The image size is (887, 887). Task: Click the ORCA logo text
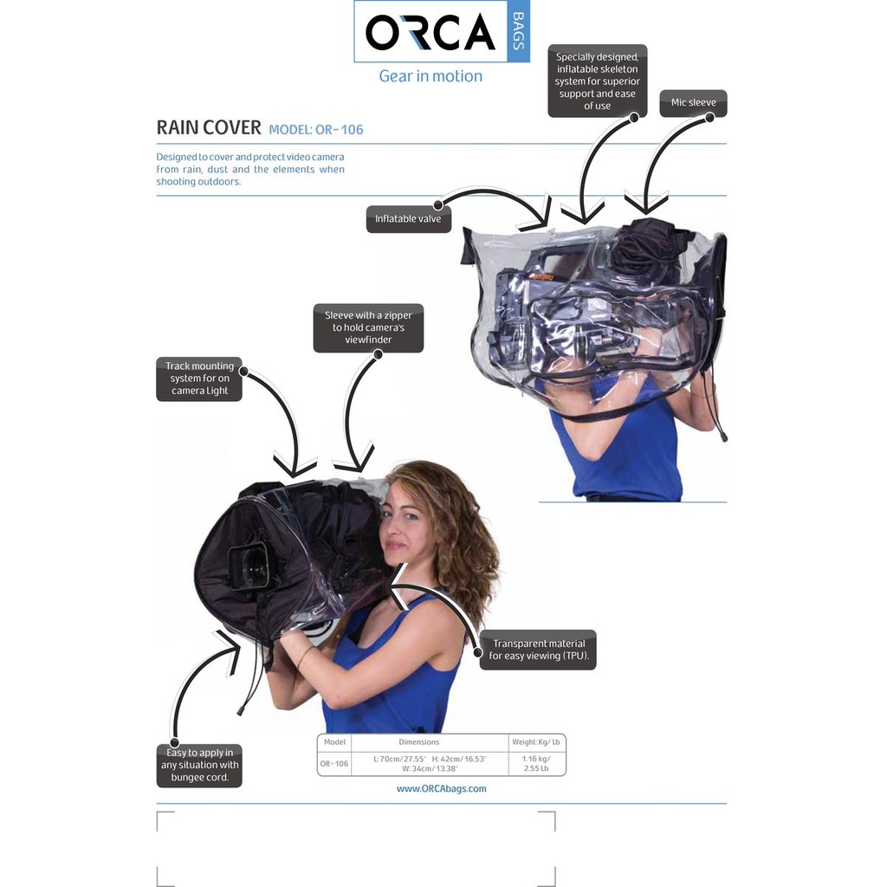tap(430, 33)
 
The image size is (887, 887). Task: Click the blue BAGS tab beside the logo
tap(518, 32)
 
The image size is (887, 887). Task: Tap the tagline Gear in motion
tap(431, 76)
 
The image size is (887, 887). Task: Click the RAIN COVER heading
tap(209, 128)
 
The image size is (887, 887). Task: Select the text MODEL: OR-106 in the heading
tap(316, 130)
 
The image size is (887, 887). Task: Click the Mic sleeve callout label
tap(693, 103)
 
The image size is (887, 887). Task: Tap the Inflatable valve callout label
tap(408, 219)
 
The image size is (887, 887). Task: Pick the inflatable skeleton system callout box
tap(597, 81)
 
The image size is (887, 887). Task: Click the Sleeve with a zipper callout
tap(368, 328)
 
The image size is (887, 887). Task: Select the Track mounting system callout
tap(199, 379)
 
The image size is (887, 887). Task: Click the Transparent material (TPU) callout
tap(538, 650)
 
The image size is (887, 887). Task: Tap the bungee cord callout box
tap(199, 765)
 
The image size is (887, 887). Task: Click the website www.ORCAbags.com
tap(441, 788)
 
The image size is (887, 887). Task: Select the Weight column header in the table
tap(536, 742)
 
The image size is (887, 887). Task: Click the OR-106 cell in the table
tap(334, 763)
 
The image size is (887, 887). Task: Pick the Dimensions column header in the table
tap(418, 742)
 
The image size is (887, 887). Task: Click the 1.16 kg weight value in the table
tap(536, 759)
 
